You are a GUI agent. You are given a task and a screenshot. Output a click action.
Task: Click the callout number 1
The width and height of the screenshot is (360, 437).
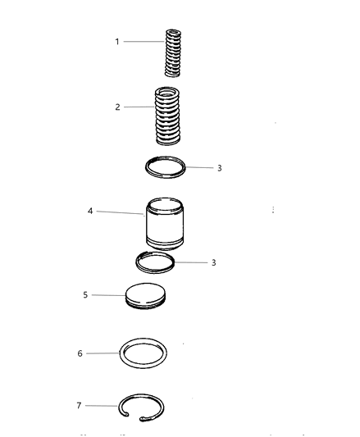pyautogui.click(x=117, y=42)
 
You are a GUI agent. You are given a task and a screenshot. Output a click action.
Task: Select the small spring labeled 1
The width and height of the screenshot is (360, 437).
pyautogui.click(x=173, y=52)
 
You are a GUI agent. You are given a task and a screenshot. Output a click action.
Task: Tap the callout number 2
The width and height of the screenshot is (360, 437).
pyautogui.click(x=117, y=107)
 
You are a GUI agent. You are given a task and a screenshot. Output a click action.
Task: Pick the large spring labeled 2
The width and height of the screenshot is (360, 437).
pyautogui.click(x=167, y=116)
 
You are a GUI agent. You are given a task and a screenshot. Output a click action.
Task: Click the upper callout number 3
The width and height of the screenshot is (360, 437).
pyautogui.click(x=220, y=168)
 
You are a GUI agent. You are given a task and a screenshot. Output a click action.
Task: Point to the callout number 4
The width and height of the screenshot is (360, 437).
pyautogui.click(x=90, y=211)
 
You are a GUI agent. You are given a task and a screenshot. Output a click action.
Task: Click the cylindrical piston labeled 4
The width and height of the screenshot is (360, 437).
pyautogui.click(x=165, y=224)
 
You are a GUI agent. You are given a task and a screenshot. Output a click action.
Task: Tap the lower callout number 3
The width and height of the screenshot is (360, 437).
pyautogui.click(x=213, y=262)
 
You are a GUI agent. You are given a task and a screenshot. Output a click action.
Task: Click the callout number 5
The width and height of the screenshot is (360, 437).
pyautogui.click(x=85, y=295)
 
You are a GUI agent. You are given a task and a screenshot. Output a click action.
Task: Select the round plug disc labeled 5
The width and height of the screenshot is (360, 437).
pyautogui.click(x=145, y=296)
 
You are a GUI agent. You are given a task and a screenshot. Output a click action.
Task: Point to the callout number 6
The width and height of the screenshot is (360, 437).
pyautogui.click(x=80, y=353)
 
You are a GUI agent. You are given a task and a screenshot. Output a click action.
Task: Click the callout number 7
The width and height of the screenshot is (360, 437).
pyautogui.click(x=79, y=406)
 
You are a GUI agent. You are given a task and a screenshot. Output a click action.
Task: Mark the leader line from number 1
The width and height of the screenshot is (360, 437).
pyautogui.click(x=144, y=42)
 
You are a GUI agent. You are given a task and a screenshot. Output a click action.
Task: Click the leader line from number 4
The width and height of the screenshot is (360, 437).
pyautogui.click(x=121, y=212)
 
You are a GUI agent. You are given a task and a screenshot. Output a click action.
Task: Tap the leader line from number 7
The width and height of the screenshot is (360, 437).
pyautogui.click(x=102, y=406)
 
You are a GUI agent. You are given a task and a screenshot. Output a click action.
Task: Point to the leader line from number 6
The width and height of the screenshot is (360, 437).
pyautogui.click(x=103, y=353)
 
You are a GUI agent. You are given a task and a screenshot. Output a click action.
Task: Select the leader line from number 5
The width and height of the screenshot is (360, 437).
pyautogui.click(x=109, y=295)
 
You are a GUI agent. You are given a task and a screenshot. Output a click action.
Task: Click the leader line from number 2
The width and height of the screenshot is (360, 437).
pyautogui.click(x=139, y=107)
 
